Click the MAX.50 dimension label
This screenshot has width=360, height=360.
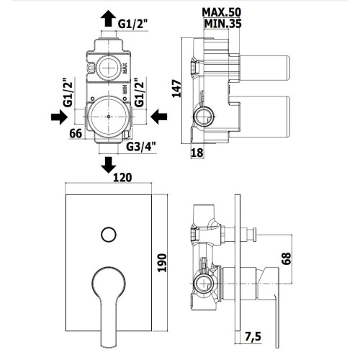tap(221, 12)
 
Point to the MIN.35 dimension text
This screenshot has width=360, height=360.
tap(222, 24)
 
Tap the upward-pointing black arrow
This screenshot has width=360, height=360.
tap(109, 19)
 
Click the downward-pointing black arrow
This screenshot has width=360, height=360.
tap(109, 165)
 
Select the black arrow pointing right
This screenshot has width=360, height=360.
tap(59, 117)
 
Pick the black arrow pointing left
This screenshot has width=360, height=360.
tap(159, 117)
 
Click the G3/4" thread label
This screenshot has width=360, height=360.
tap(141, 147)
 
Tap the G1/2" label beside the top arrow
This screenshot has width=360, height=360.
tap(132, 24)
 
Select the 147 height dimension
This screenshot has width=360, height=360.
tap(177, 89)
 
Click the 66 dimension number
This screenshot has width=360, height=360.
tap(76, 133)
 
